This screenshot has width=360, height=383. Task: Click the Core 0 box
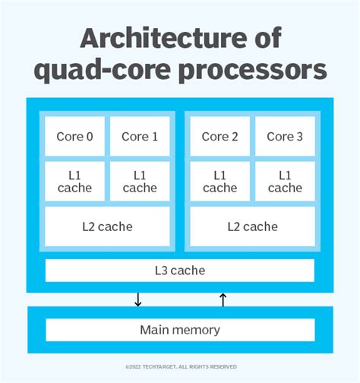[75, 137]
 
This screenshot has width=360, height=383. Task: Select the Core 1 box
[140, 137]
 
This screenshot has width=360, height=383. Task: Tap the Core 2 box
[220, 137]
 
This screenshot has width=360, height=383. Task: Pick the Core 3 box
[285, 137]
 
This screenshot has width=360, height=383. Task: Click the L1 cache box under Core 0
[75, 181]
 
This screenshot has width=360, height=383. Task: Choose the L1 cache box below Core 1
[140, 181]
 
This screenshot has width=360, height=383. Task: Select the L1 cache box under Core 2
[220, 181]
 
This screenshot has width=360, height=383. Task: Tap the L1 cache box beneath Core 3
[285, 181]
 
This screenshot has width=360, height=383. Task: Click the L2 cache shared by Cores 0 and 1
[107, 226]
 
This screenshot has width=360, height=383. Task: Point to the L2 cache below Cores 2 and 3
[252, 226]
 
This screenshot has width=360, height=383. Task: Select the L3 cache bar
[180, 270]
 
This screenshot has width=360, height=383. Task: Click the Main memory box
[180, 330]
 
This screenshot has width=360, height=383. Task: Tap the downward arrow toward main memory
[137, 299]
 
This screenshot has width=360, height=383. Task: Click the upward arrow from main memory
[223, 299]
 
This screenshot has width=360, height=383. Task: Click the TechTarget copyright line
[180, 366]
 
